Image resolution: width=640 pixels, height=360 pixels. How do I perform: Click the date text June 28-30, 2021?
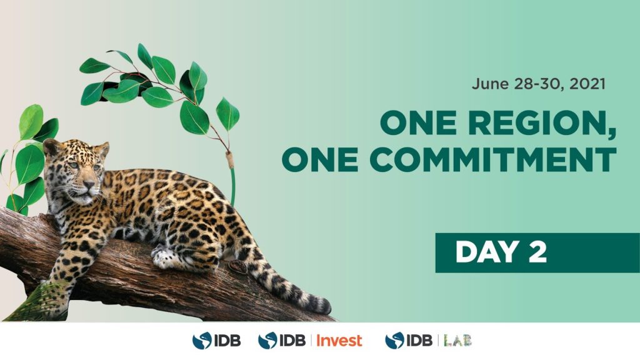click(538, 84)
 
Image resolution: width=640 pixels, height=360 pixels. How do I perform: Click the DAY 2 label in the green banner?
click(501, 252)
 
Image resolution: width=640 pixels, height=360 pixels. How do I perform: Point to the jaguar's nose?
click(87, 185)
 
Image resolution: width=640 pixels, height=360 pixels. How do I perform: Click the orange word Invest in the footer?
click(339, 341)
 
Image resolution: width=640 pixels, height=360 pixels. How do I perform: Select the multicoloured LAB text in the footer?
click(457, 341)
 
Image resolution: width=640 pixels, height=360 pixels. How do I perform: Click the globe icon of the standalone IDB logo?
click(202, 341)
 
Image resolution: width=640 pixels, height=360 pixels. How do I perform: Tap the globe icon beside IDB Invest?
click(267, 341)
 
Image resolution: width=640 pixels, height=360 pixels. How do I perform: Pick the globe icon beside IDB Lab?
click(395, 341)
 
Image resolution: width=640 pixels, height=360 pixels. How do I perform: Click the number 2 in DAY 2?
click(537, 252)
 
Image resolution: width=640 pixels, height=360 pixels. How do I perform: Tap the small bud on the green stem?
click(230, 159)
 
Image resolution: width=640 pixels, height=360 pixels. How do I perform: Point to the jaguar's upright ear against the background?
click(102, 150)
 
